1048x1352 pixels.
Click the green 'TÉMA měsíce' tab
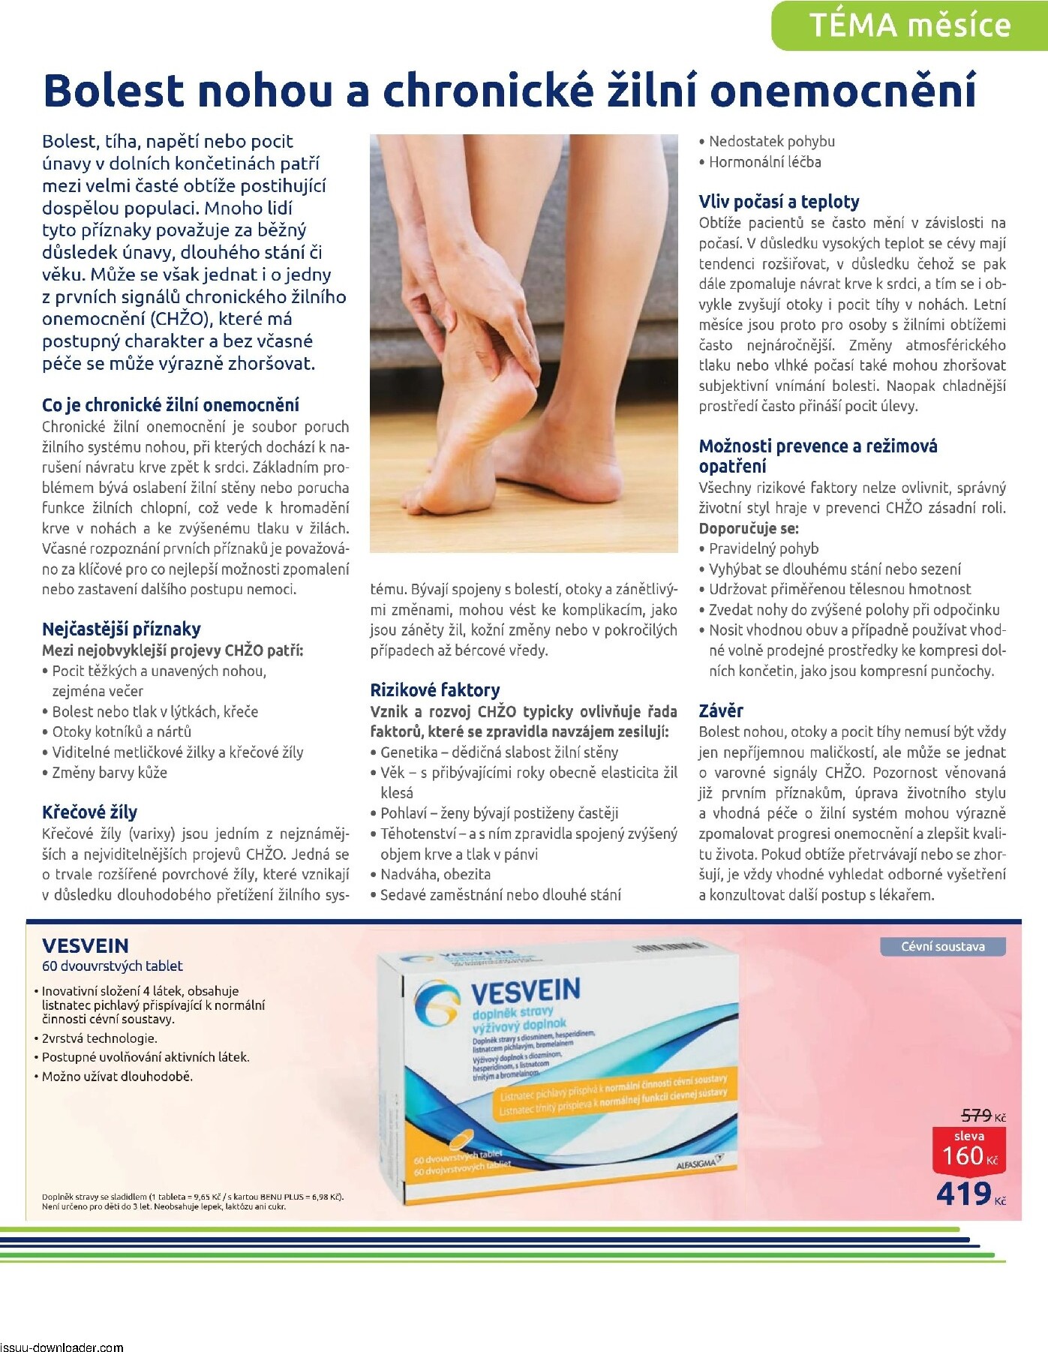(909, 26)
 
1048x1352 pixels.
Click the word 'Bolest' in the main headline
(113, 91)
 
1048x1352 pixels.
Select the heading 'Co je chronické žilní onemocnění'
(170, 405)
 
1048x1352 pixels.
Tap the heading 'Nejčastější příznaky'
(121, 629)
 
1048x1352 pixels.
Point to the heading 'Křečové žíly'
(89, 812)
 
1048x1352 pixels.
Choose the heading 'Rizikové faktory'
(434, 690)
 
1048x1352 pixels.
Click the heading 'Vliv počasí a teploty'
(779, 201)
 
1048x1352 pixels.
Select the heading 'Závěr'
(721, 711)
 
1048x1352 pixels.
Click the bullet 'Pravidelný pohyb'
(763, 548)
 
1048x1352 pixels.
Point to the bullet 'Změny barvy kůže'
(110, 772)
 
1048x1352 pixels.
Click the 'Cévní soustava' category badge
(942, 946)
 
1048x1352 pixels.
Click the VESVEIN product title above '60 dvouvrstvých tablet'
(86, 945)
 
